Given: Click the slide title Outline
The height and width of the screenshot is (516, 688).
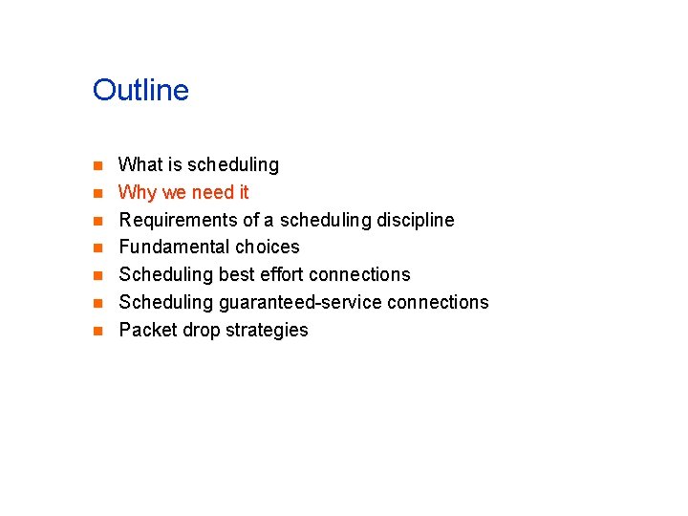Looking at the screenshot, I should coord(140,91).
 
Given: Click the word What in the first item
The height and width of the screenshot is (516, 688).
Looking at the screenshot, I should coord(140,165).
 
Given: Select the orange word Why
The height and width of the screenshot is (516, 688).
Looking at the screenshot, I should coord(138,193).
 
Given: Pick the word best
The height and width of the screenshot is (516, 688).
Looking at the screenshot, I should coord(239,275).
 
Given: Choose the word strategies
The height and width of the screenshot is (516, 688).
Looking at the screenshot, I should coord(267,331).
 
